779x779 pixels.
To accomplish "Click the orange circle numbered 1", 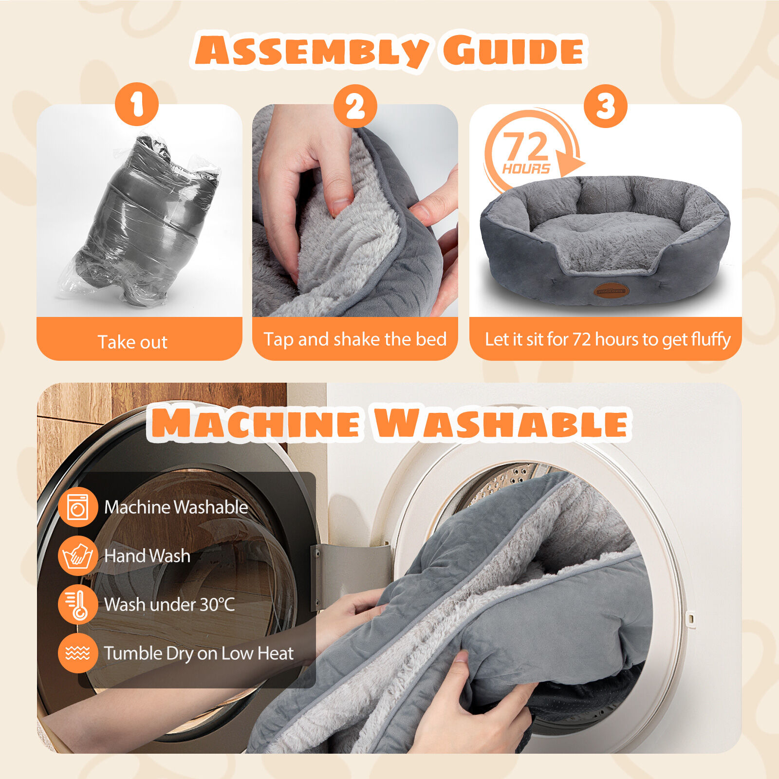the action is [x=137, y=104].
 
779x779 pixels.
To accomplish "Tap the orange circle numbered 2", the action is [x=355, y=106].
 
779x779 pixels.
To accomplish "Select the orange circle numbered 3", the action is [x=606, y=106].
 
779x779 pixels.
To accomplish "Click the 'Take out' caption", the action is [x=132, y=342].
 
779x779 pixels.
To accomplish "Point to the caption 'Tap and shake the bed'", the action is [x=355, y=339].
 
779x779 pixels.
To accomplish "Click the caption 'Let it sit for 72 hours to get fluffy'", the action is [x=608, y=339].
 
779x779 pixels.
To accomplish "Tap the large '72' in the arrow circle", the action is [x=526, y=146].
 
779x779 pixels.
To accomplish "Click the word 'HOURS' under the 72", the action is [x=526, y=169].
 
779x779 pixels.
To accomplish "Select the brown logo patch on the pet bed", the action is [x=611, y=291].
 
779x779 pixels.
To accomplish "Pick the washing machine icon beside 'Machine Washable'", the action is [x=78, y=507].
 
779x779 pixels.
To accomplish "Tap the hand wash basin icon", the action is [x=78, y=556].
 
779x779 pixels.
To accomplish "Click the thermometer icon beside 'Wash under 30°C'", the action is [x=78, y=604].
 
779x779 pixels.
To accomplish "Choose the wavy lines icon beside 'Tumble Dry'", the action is [x=78, y=653].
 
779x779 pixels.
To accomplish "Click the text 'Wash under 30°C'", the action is [x=169, y=604].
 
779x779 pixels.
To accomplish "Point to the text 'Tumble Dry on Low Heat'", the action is [x=199, y=653].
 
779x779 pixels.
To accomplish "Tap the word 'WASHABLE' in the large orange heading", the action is [x=501, y=423].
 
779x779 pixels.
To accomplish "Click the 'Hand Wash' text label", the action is [x=147, y=556].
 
